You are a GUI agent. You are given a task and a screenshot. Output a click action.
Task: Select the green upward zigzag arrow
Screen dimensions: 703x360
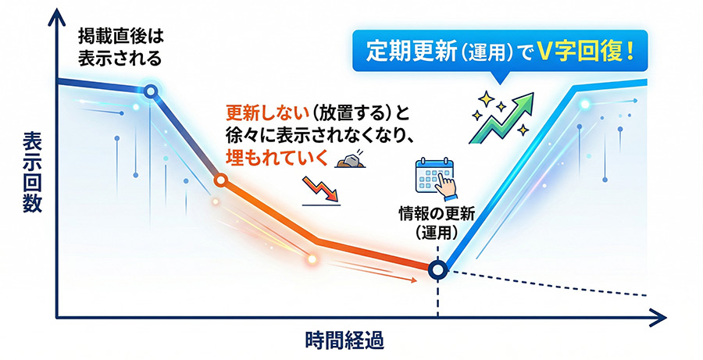(x=501, y=118)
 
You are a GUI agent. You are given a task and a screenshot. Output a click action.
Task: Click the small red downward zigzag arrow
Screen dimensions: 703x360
(x=320, y=189)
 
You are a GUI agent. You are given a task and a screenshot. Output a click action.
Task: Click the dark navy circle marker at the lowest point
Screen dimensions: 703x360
(x=437, y=269)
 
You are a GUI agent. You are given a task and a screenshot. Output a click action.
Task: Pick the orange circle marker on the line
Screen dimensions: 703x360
(x=220, y=180)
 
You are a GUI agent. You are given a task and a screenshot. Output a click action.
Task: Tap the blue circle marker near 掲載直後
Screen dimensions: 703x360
(x=151, y=91)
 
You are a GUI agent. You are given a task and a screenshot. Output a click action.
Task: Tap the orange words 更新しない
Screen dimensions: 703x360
(x=267, y=114)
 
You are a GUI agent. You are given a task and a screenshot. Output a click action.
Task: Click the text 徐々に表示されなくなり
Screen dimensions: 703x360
(x=319, y=135)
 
